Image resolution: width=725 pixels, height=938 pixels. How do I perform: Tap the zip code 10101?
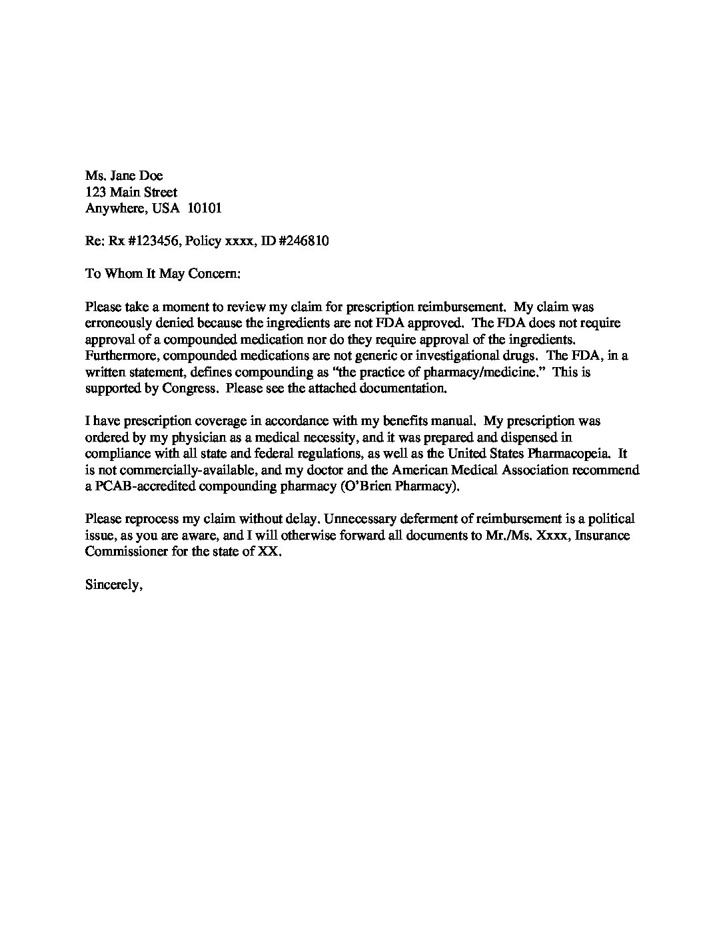coord(204,209)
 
